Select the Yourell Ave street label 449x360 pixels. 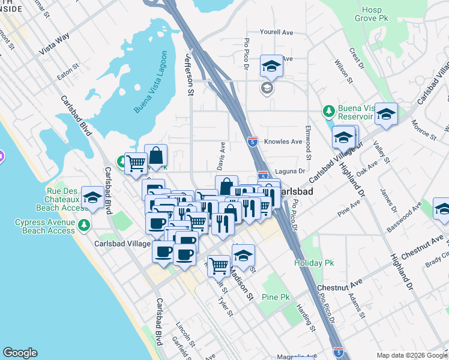click(x=276, y=32)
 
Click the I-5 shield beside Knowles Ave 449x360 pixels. click(x=253, y=142)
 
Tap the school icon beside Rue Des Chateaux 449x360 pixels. click(x=92, y=197)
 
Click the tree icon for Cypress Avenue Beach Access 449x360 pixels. click(x=84, y=226)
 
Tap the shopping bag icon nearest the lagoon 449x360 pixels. click(x=156, y=155)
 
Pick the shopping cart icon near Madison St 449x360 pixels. click(x=219, y=264)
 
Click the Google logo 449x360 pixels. click(x=20, y=353)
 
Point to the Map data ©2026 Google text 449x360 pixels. click(x=412, y=355)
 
